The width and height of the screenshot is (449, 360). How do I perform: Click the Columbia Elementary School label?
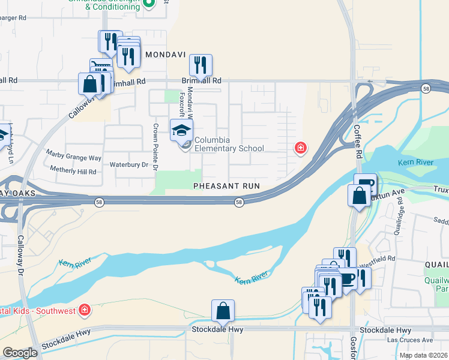click(228, 144)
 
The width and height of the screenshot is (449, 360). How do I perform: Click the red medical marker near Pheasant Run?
click(300, 148)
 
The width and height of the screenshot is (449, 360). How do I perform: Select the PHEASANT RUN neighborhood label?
click(226, 186)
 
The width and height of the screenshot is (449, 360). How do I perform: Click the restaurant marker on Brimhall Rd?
click(200, 65)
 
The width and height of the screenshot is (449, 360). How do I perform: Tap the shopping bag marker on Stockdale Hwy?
click(223, 311)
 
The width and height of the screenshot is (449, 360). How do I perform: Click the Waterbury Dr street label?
click(128, 164)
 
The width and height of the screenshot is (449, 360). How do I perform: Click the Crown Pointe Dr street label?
click(155, 147)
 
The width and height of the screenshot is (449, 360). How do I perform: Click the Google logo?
click(20, 353)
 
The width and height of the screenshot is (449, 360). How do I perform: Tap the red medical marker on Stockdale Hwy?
click(85, 310)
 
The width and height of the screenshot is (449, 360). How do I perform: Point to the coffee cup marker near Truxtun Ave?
click(365, 183)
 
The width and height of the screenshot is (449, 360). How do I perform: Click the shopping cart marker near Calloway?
click(100, 68)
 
